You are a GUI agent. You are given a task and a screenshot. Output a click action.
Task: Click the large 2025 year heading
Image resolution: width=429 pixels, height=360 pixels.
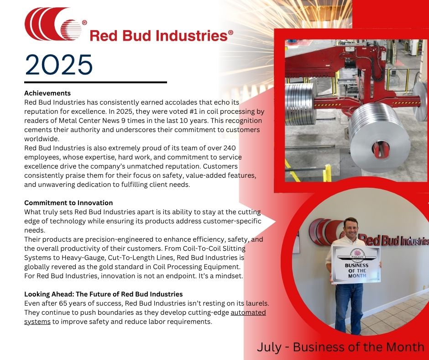click(58, 65)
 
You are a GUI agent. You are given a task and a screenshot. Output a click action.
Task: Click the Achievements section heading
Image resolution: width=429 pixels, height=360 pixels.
click(47, 93)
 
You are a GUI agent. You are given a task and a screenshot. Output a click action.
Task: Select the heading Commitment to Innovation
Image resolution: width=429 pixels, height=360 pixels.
click(68, 203)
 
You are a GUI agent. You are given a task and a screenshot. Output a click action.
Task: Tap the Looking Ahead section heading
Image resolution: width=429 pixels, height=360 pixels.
click(104, 294)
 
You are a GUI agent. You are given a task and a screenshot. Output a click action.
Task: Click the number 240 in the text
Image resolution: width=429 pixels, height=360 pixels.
click(230, 148)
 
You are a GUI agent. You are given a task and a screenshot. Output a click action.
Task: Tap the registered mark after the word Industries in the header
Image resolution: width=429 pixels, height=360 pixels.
click(230, 32)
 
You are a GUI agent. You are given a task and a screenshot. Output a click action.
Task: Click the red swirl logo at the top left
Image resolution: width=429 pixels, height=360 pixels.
click(53, 24)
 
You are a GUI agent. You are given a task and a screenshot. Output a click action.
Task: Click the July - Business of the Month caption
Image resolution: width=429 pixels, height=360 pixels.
click(340, 347)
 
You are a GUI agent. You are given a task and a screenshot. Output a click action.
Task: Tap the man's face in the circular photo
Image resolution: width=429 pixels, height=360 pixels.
click(350, 229)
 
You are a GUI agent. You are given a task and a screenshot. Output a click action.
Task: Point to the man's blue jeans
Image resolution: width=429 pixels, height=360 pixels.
click(349, 307)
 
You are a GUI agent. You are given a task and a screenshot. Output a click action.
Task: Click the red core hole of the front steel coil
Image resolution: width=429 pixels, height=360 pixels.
click(381, 149)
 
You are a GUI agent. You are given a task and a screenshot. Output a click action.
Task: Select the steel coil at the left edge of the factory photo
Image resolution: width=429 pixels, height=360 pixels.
click(300, 104)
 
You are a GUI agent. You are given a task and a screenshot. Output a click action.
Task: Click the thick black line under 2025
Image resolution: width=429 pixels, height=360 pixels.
click(95, 82)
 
